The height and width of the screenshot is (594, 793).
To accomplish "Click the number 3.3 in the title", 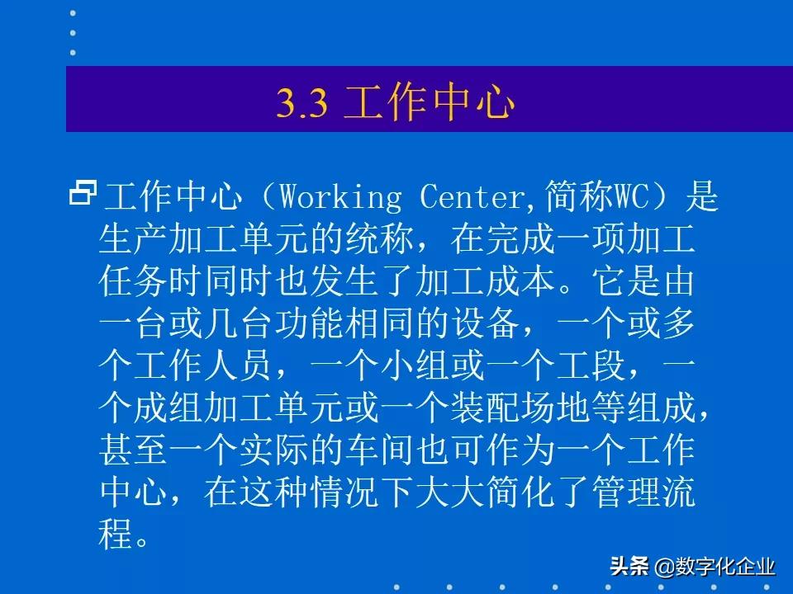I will [x=302, y=105].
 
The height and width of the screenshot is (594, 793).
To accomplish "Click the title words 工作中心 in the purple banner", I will [x=429, y=105].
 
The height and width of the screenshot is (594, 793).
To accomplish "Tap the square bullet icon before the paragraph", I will [x=83, y=194].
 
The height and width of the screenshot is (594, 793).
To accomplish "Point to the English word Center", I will [x=472, y=198].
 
